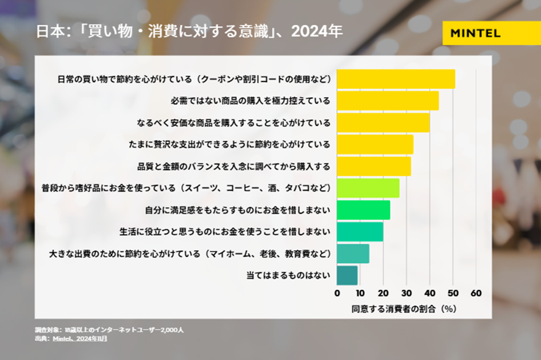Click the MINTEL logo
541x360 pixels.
coord(475,33)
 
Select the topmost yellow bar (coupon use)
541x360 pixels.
coord(396,79)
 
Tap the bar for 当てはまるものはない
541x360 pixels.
coord(347,275)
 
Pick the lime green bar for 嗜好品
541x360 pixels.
coord(368,188)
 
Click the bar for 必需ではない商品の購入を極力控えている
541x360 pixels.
coord(387,101)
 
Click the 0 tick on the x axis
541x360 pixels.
coord(337,293)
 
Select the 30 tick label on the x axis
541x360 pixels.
coord(406,293)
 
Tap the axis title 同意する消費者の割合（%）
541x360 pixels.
coord(403,308)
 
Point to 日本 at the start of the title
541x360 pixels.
coord(47,32)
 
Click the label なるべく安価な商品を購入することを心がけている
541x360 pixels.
coord(234,122)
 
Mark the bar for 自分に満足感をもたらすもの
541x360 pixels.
coord(363,210)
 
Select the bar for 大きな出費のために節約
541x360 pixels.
coord(353,254)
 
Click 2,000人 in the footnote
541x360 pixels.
coord(170,330)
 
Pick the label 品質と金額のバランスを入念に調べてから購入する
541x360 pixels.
coord(234,167)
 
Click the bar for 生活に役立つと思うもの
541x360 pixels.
coord(360,232)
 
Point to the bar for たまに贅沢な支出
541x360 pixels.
coord(375,145)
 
